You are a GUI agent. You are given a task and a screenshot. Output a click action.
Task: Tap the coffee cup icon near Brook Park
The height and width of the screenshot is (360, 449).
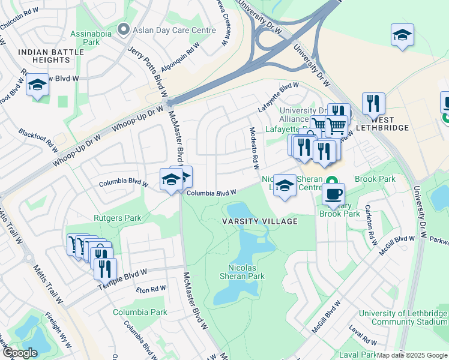334,193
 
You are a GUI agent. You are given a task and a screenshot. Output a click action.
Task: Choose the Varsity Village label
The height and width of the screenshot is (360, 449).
260,221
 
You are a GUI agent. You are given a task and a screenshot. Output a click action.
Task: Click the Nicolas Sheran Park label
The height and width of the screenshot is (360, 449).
246,272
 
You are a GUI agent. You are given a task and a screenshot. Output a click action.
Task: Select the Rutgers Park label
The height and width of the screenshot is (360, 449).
117,218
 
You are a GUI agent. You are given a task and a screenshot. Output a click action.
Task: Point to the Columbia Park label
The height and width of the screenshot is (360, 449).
140,312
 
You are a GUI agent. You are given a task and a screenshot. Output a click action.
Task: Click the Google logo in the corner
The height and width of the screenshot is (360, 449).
20,353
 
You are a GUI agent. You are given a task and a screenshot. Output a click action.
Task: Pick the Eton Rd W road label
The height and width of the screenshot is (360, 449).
150,289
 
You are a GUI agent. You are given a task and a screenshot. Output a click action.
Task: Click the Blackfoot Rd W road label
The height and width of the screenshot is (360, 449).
37,139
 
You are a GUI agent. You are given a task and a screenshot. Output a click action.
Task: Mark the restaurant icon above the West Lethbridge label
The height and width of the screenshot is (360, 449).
373,104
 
